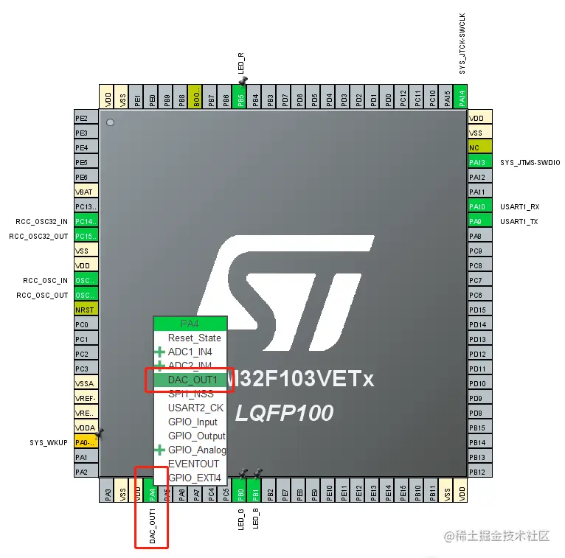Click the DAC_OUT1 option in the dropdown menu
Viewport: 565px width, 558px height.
pos(193,380)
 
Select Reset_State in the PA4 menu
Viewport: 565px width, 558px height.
pos(194,338)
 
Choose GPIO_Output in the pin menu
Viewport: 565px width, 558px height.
pos(196,436)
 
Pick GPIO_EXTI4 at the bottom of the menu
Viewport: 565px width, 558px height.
pos(194,478)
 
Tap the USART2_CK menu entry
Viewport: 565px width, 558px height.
pos(195,408)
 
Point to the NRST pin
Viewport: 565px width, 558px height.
pos(86,310)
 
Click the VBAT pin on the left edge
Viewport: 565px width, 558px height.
pos(86,192)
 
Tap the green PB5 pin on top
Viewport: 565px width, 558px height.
pos(240,97)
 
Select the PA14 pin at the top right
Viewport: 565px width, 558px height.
pos(462,97)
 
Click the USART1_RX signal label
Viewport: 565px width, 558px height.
pos(519,206)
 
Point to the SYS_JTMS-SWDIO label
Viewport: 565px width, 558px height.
pos(530,162)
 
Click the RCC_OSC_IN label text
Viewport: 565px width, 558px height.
pos(45,280)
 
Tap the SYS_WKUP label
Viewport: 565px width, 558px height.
pos(49,442)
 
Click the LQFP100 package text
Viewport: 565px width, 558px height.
pos(284,411)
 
